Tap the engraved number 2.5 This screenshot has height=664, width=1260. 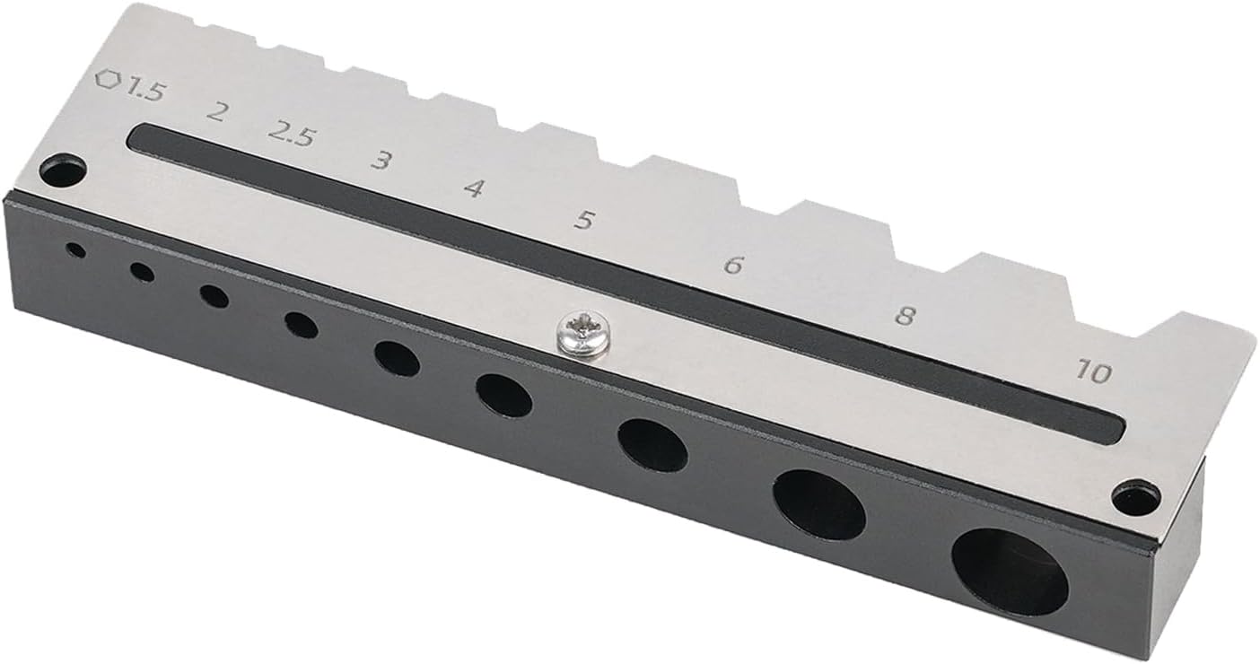292,135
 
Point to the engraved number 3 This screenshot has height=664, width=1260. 381,161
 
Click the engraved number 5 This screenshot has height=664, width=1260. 584,220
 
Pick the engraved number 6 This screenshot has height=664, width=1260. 733,264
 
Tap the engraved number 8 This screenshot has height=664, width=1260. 904,316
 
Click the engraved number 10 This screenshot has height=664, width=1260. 1093,371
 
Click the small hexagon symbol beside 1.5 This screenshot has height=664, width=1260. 109,79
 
